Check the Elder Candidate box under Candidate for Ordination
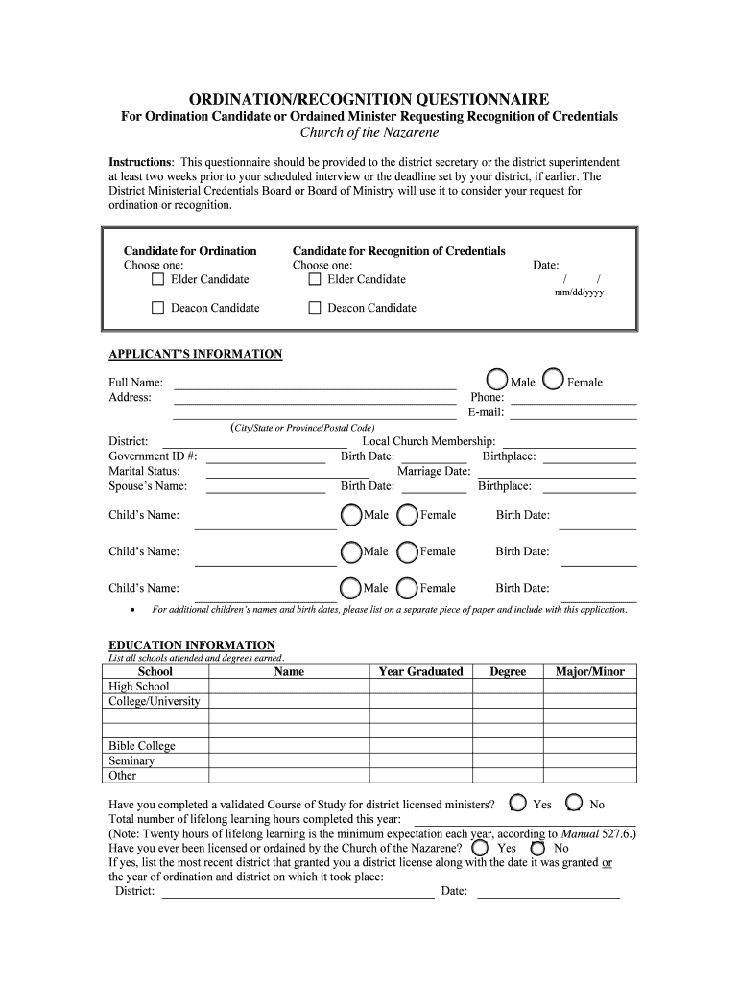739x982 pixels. (x=158, y=279)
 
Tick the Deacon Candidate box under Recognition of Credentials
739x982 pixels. (x=315, y=308)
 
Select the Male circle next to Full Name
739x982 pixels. (x=497, y=381)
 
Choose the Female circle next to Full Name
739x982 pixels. (x=554, y=381)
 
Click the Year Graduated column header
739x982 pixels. (x=420, y=671)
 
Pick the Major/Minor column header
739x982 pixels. (x=589, y=671)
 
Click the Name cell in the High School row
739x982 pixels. (x=289, y=687)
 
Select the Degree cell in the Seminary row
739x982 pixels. (x=507, y=760)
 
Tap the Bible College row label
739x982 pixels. (x=142, y=746)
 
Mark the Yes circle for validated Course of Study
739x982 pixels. (x=518, y=803)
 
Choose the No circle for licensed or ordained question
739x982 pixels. (x=538, y=849)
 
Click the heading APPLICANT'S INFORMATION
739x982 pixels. (x=195, y=355)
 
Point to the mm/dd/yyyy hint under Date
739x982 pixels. (x=579, y=292)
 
